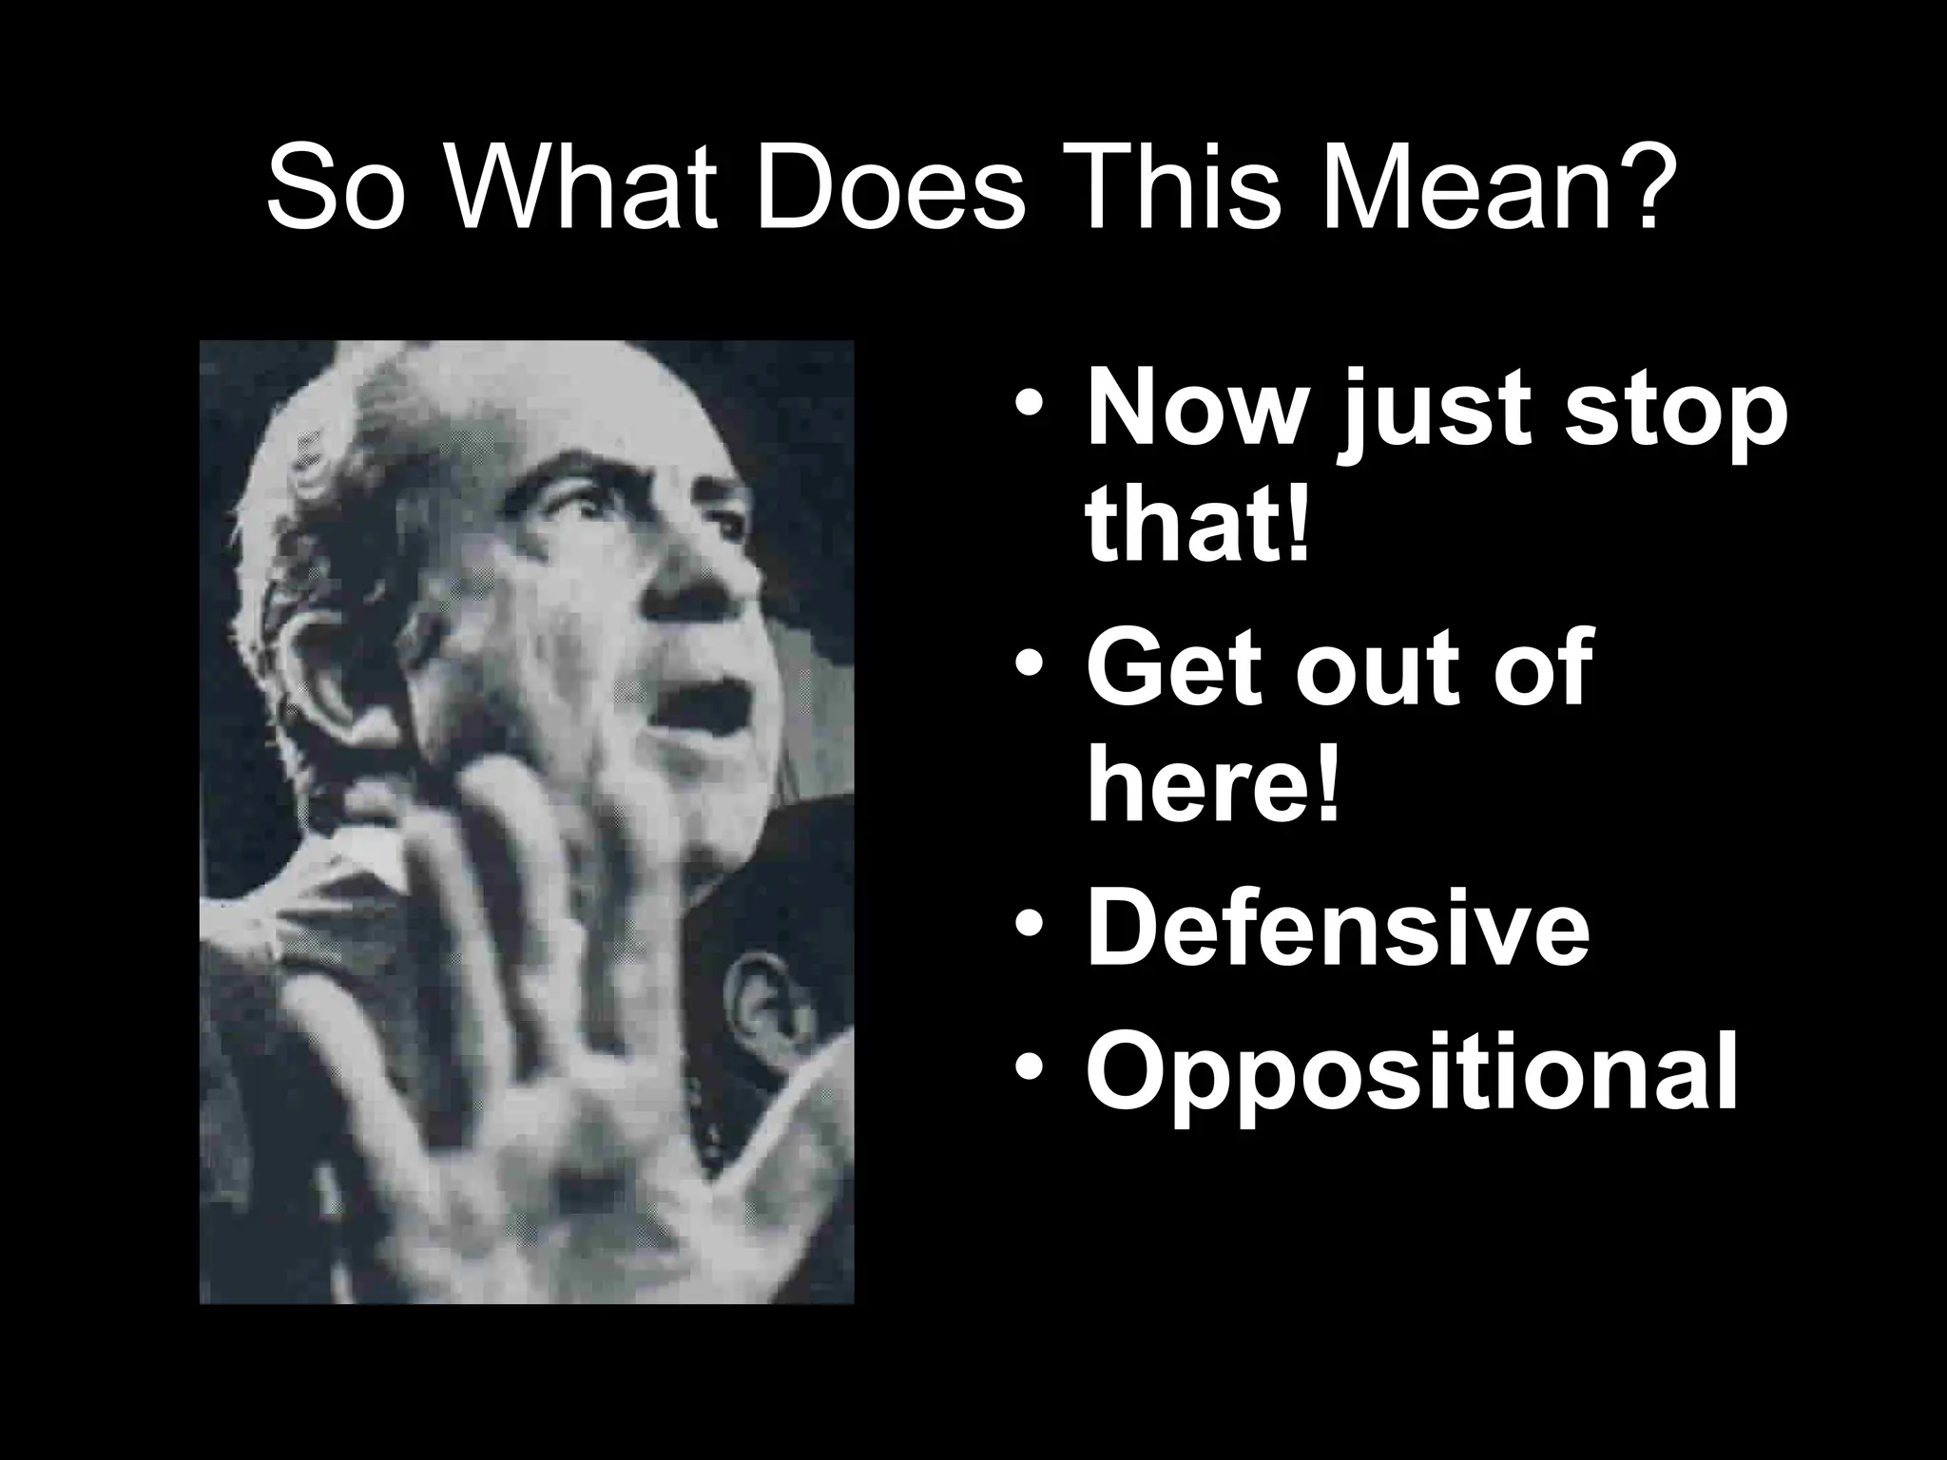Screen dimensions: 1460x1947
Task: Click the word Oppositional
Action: point(1413,1074)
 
